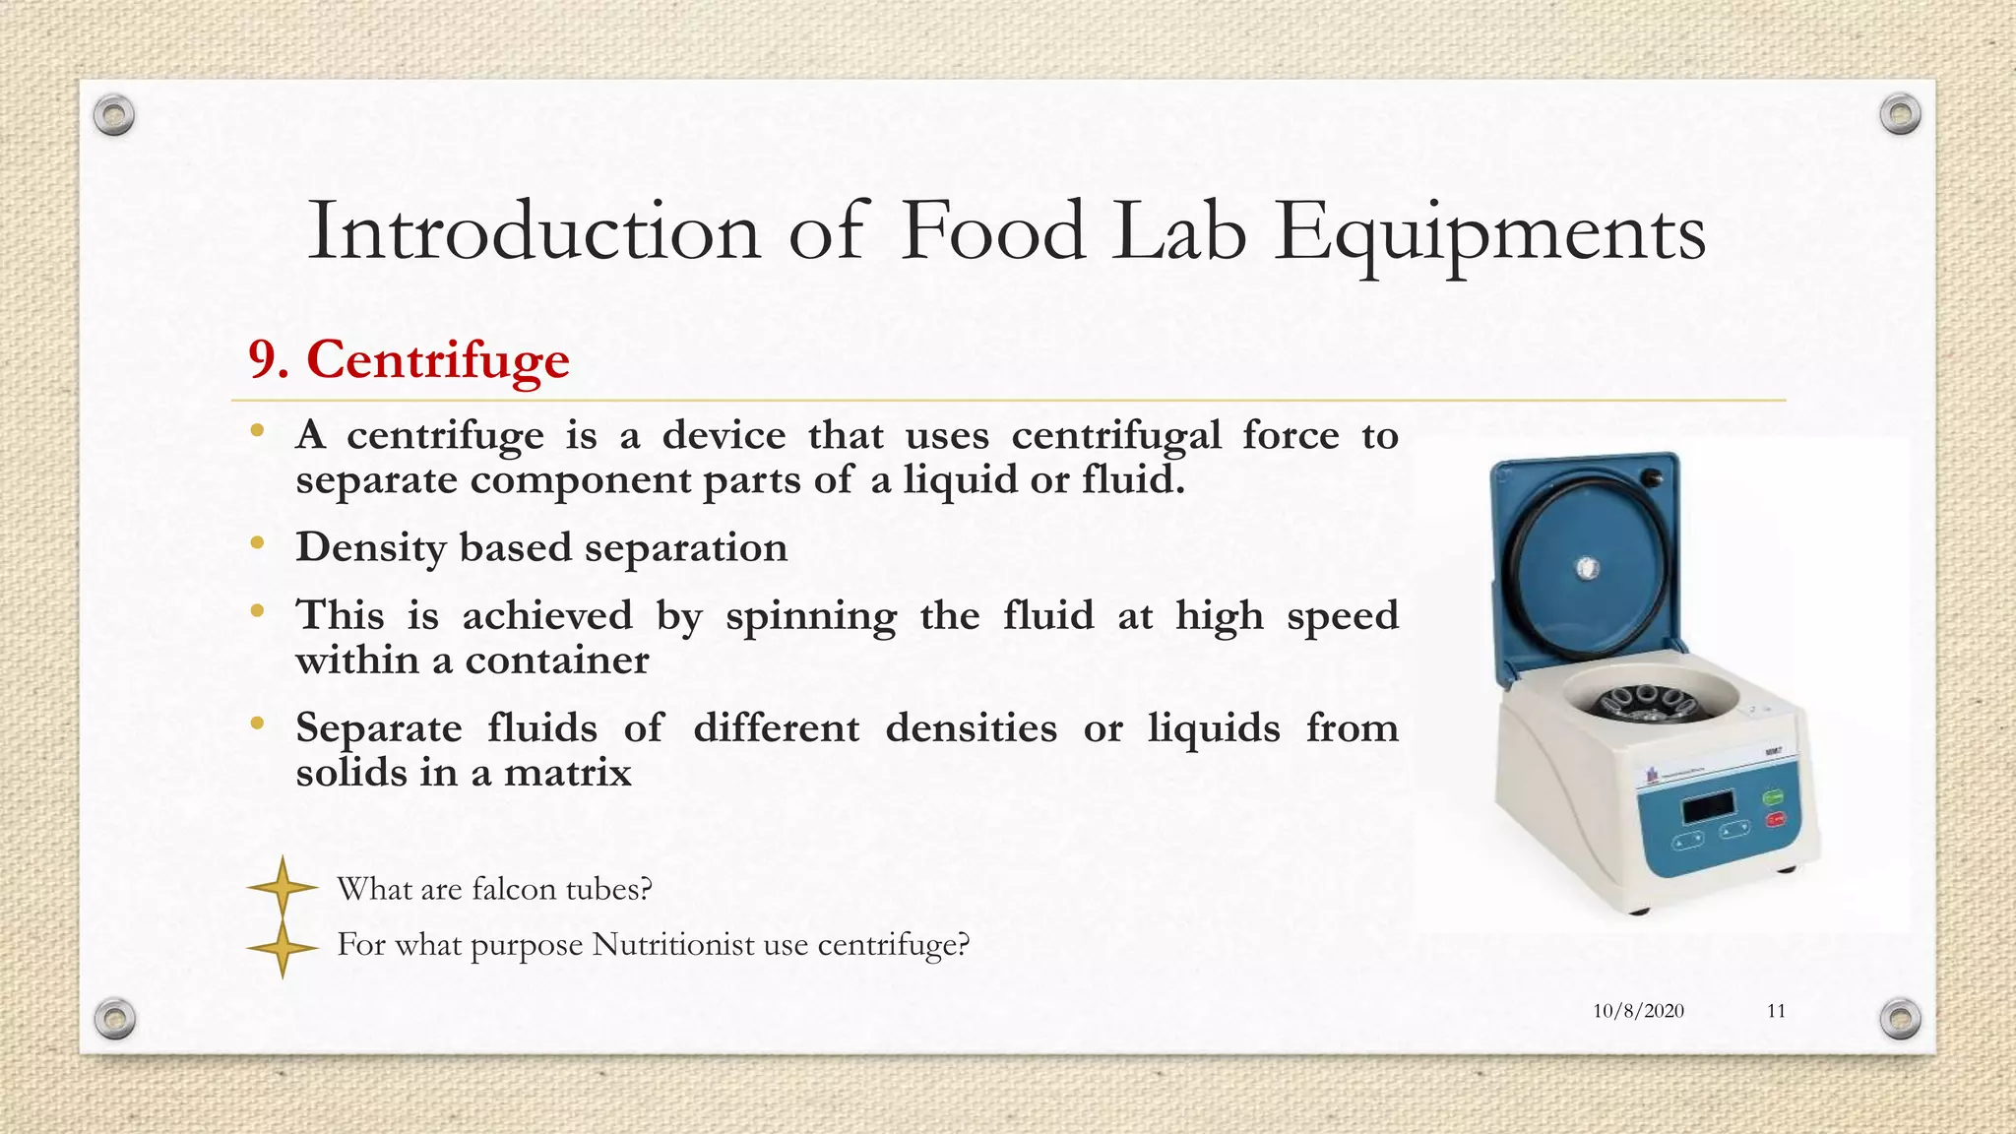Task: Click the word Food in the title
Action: coord(992,232)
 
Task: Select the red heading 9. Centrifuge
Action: coord(409,359)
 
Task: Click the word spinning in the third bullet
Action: coord(811,617)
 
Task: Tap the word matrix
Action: coord(567,773)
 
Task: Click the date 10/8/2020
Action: coord(1638,1011)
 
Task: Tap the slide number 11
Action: coord(1776,1011)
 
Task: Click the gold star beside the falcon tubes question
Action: coord(283,887)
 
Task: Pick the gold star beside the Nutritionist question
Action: coord(283,949)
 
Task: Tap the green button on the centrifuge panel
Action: coord(1773,796)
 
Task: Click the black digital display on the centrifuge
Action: coord(1708,807)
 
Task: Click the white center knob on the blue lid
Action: coord(1588,568)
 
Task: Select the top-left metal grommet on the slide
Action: coord(114,116)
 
